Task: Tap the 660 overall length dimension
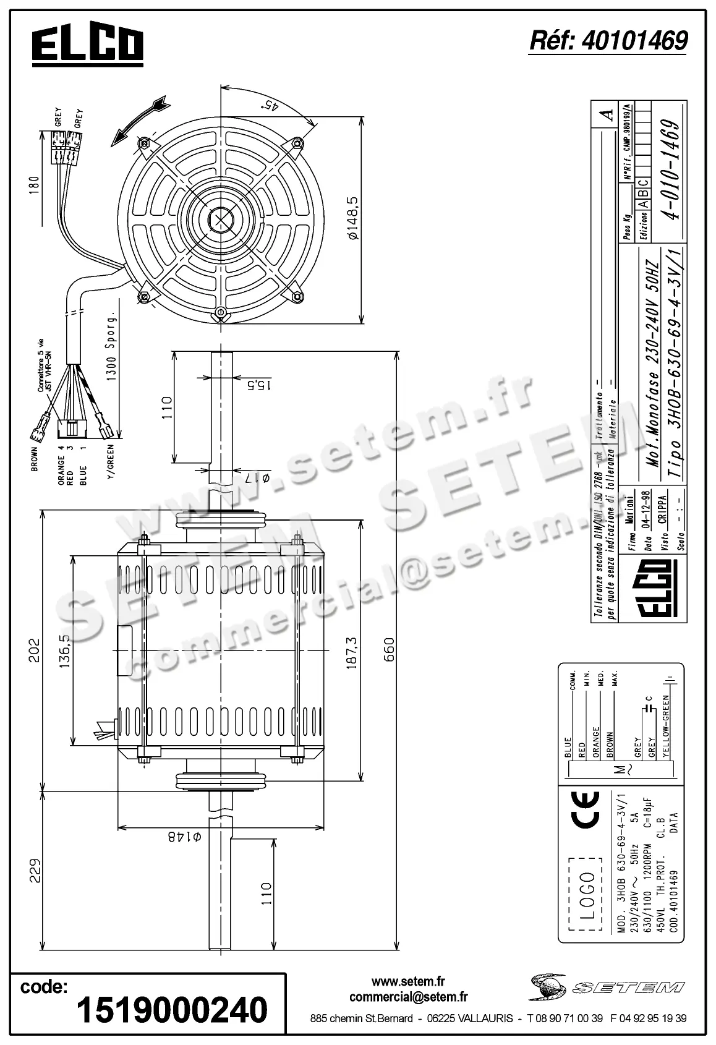tap(389, 649)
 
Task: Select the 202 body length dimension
tap(34, 649)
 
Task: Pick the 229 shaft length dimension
tap(34, 871)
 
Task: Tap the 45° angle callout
tap(270, 105)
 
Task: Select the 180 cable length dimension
tap(34, 184)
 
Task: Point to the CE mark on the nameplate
tap(585, 810)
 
